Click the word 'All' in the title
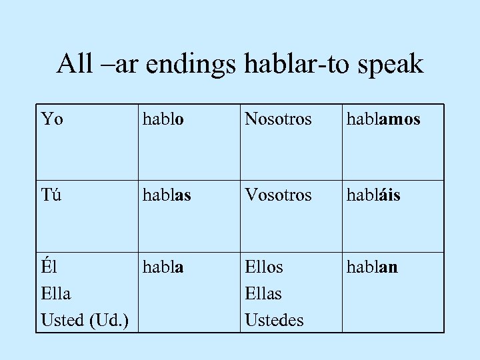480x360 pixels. (71, 64)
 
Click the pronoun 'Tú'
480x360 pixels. (51, 195)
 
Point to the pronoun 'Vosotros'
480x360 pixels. (278, 195)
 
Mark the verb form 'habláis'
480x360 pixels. (373, 195)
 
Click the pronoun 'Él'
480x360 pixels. (49, 267)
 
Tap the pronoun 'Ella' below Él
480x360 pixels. (57, 293)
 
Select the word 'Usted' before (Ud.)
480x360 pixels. (61, 320)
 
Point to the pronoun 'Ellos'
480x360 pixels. (264, 267)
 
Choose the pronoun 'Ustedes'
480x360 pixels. (275, 320)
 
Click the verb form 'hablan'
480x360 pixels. (371, 267)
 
